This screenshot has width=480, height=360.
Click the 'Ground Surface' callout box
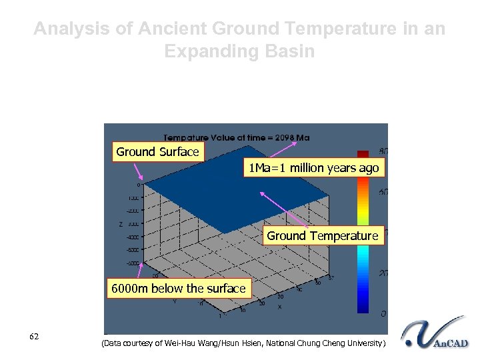157,152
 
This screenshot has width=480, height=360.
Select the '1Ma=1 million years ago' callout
313,168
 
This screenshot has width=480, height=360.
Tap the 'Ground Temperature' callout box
323,236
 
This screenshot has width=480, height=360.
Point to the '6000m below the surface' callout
178,289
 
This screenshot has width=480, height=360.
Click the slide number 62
34,336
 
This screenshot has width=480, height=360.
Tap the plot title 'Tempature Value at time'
213,138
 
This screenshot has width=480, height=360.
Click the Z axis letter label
121,224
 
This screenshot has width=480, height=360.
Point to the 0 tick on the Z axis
139,185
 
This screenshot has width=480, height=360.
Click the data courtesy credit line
243,343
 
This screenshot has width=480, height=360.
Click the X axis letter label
279,306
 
